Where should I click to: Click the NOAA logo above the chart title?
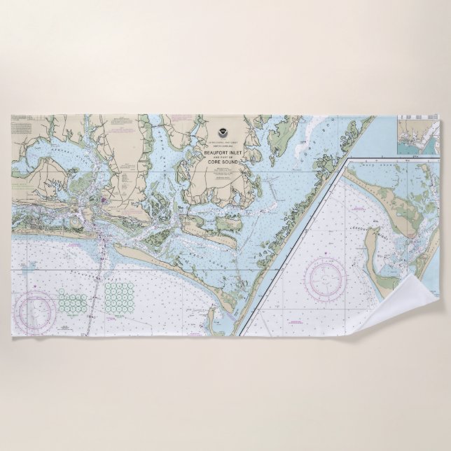click(222, 132)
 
